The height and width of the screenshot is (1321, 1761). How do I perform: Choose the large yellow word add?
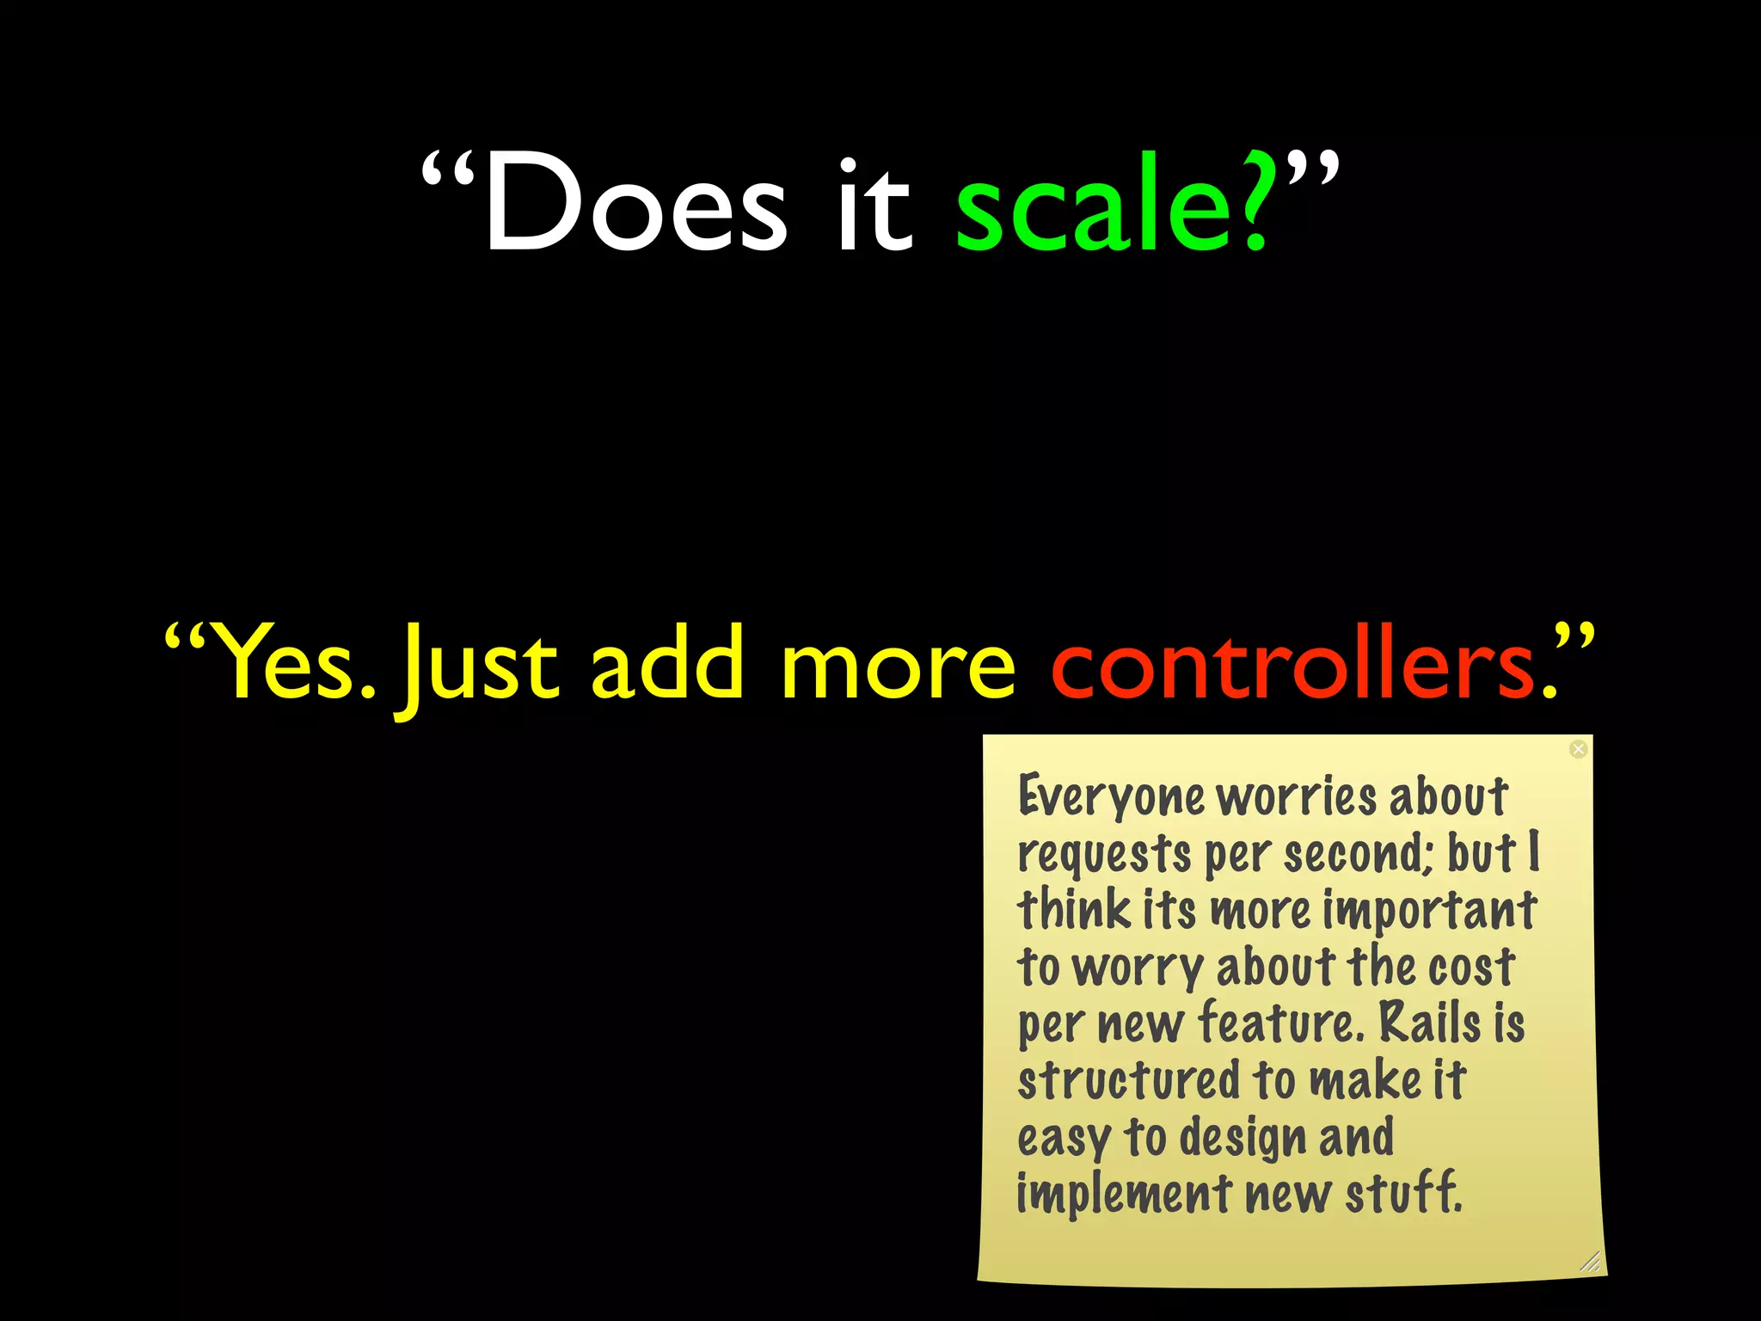coord(667,663)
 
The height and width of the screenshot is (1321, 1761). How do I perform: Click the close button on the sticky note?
coord(1578,749)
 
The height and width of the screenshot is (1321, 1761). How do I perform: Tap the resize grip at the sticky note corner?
coord(1591,1262)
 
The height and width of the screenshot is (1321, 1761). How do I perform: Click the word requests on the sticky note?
coord(1104,855)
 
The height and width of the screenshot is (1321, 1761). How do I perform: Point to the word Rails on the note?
coord(1430,1023)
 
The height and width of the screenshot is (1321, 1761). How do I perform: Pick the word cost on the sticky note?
coord(1471,967)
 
